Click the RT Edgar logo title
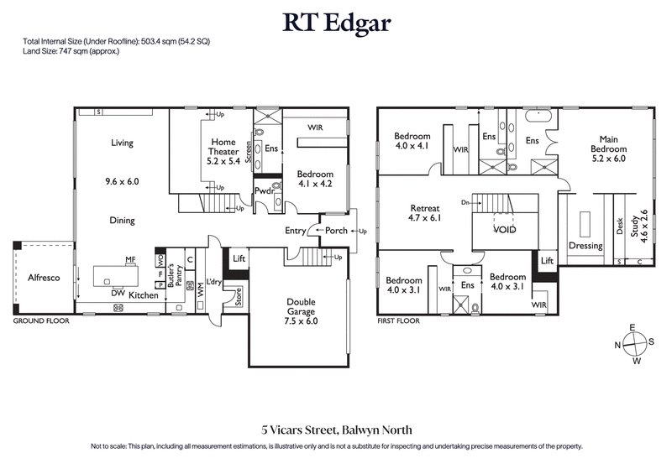[336, 23]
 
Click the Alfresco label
[43, 277]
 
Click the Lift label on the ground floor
[239, 259]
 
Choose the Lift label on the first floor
[547, 261]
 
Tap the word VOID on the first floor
[504, 229]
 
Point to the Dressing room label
[585, 246]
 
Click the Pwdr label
[266, 190]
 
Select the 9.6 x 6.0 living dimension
[122, 181]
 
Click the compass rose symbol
[636, 342]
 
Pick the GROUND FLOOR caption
[40, 321]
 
